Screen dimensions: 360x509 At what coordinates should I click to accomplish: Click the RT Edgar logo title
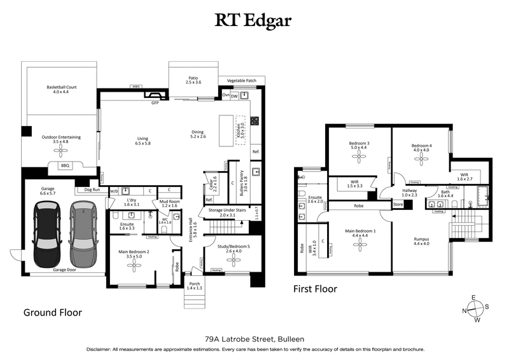(x=254, y=20)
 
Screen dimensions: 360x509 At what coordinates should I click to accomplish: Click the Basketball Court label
(x=61, y=90)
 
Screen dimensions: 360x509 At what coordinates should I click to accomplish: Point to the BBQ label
(x=65, y=165)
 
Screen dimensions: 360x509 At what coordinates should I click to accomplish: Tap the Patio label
(x=193, y=80)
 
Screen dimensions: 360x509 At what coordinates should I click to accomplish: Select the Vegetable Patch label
(x=241, y=81)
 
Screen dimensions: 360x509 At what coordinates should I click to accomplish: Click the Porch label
(x=193, y=285)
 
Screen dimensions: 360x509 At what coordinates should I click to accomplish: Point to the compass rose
(x=474, y=308)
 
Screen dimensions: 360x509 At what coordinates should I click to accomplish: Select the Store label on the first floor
(x=398, y=204)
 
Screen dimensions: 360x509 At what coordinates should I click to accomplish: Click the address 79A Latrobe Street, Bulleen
(x=254, y=340)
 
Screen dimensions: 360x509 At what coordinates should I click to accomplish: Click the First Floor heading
(x=315, y=289)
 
